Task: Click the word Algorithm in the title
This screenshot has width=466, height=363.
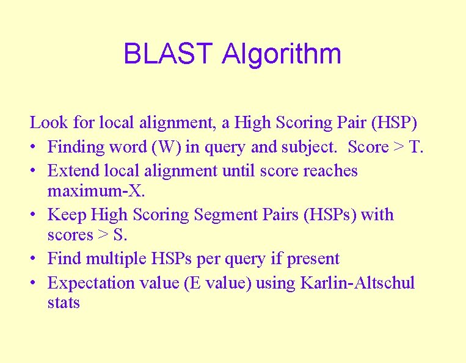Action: coord(282,54)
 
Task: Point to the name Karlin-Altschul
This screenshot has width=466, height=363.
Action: coord(357,283)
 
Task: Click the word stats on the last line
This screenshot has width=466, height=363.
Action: coord(64,303)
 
